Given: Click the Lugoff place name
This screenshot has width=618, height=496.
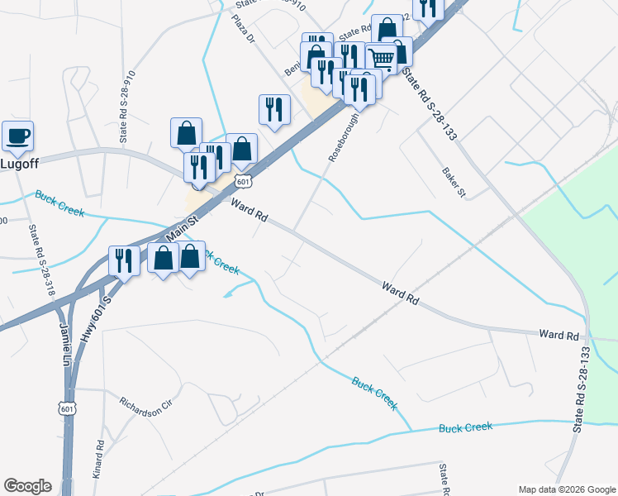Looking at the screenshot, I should pyautogui.click(x=20, y=163).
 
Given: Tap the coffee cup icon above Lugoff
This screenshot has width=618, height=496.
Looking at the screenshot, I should pyautogui.click(x=17, y=136).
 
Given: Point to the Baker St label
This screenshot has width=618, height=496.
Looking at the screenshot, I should pyautogui.click(x=454, y=182).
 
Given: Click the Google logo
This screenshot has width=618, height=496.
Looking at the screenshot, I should pyautogui.click(x=27, y=486).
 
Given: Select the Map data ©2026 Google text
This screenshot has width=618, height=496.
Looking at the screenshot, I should pyautogui.click(x=566, y=489).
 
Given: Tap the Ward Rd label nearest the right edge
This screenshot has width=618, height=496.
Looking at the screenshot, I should pyautogui.click(x=558, y=335).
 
